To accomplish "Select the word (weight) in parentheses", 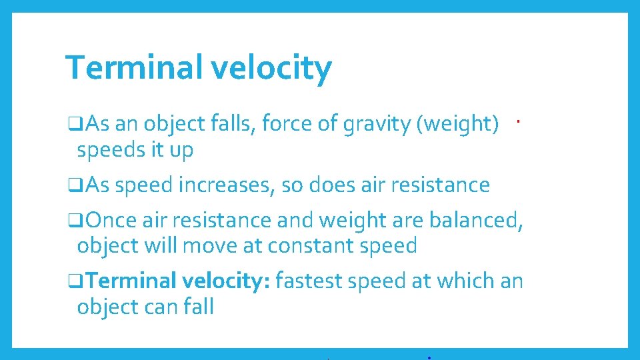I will point(458,124).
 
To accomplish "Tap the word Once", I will point(111,220).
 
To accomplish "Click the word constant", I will point(309,246).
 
